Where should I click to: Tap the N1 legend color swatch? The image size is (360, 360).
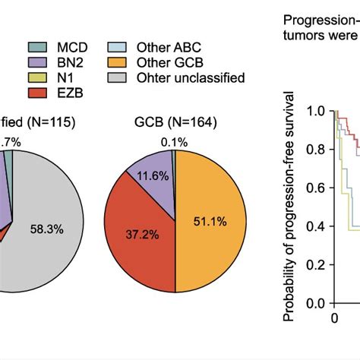pos(39,77)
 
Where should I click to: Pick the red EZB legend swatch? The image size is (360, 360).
pos(39,93)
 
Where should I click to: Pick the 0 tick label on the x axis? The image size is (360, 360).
pos(333,317)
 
